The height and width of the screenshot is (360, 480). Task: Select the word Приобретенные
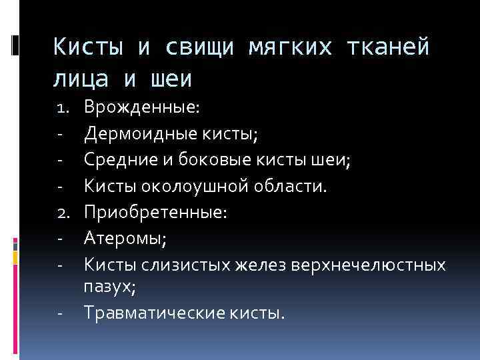[x=155, y=212]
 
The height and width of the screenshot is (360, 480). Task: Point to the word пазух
[x=108, y=287]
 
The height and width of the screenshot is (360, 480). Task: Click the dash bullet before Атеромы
[x=59, y=239]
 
